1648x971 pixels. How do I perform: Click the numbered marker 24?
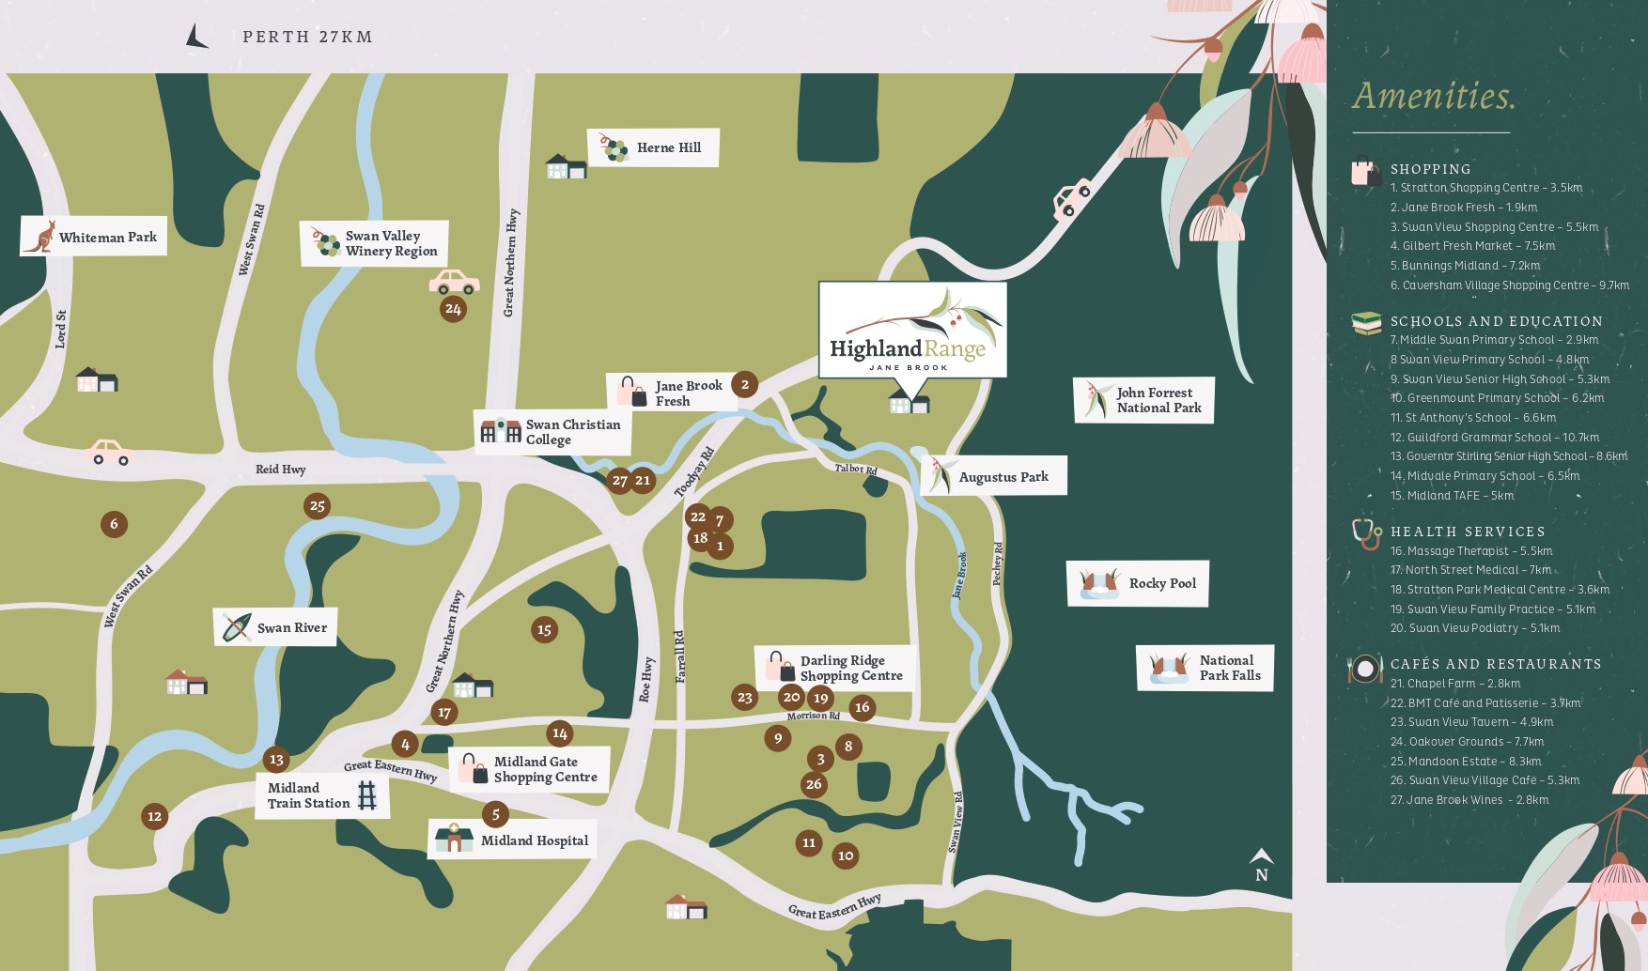pos(453,309)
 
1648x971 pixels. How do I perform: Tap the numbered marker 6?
pos(114,524)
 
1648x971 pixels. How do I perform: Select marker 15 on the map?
pos(544,630)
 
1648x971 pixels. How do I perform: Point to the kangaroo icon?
pos(39,236)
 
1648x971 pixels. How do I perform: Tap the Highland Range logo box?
pos(912,330)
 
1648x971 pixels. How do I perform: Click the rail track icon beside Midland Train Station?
pos(367,796)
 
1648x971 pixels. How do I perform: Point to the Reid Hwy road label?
pos(280,470)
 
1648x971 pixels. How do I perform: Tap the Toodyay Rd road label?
pos(694,472)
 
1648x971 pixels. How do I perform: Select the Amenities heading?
pos(1433,96)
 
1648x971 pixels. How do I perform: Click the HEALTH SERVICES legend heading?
pos(1467,532)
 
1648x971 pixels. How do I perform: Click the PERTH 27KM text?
pos(307,37)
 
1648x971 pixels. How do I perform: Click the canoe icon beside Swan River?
pos(235,627)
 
